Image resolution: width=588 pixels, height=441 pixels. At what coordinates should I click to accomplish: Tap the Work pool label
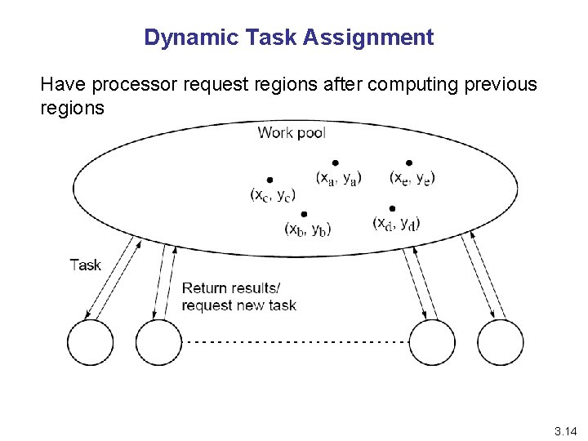(x=292, y=132)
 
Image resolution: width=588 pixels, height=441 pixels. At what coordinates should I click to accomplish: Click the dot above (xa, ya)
(x=335, y=163)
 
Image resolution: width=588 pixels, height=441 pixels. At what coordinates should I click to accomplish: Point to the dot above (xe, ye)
(x=409, y=163)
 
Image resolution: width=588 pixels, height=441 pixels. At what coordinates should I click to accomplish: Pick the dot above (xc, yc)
(x=269, y=180)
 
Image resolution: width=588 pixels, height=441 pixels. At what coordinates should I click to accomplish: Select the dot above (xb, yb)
(x=304, y=213)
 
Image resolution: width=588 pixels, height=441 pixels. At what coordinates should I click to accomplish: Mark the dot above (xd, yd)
(x=393, y=208)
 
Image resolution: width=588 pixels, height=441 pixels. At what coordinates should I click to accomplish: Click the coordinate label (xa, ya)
(x=338, y=177)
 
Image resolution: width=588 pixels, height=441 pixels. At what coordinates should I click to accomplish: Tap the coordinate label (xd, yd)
(x=396, y=223)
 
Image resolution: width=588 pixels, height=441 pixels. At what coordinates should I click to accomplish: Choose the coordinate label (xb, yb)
(x=307, y=229)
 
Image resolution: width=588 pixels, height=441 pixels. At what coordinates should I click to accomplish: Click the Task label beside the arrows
(x=86, y=265)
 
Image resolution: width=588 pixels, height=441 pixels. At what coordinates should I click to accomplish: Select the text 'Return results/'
(x=230, y=288)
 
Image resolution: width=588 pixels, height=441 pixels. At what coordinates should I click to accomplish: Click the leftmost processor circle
(x=90, y=342)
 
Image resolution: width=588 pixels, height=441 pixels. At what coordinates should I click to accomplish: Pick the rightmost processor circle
(x=499, y=342)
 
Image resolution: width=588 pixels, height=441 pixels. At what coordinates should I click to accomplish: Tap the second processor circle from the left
(x=158, y=342)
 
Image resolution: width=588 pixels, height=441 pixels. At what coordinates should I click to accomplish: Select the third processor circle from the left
(x=431, y=342)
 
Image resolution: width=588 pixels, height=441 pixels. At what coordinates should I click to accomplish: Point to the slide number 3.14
(x=565, y=430)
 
